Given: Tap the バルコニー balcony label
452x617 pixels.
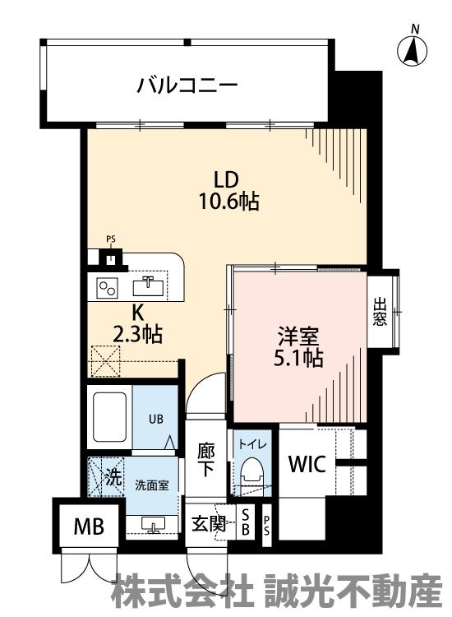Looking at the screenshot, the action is (x=187, y=86).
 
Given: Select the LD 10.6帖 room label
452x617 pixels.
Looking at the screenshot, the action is (x=228, y=191).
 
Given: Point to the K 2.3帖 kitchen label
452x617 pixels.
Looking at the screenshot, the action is (x=136, y=324).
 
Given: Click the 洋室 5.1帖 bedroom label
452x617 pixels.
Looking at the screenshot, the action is (x=298, y=347).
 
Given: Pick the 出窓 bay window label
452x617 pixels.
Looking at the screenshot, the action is (x=380, y=312).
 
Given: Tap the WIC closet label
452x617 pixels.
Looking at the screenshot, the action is (x=307, y=463).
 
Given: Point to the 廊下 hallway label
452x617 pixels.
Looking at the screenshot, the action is (x=206, y=459).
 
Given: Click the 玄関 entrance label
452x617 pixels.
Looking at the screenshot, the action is (x=209, y=524).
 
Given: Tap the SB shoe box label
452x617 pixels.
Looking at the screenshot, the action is (x=246, y=522).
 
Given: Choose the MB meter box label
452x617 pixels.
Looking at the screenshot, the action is (x=90, y=527).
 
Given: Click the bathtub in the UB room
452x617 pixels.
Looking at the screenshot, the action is (x=109, y=417).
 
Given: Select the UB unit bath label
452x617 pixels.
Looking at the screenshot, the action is (x=155, y=420).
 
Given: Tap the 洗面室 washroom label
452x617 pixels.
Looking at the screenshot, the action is (x=152, y=485).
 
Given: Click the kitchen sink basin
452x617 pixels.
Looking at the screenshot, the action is (x=148, y=285).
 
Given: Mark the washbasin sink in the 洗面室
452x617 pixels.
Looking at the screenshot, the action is (x=153, y=526).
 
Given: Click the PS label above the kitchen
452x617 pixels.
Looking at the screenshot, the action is (x=111, y=239).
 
